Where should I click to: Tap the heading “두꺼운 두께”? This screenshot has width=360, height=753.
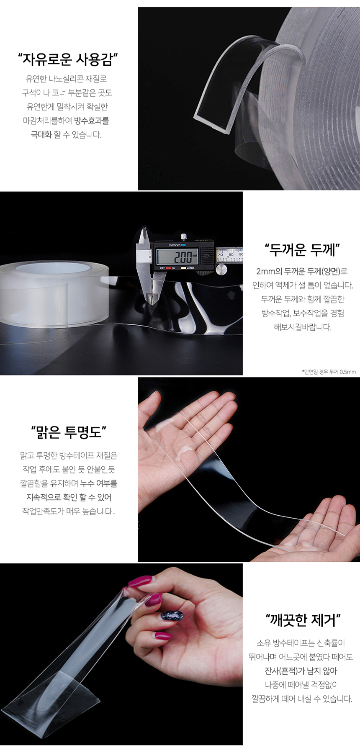(x=302, y=250)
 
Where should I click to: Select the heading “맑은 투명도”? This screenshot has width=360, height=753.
(x=69, y=432)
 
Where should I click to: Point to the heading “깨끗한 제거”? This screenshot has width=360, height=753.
(x=303, y=620)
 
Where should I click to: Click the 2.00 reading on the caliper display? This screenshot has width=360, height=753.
(x=183, y=257)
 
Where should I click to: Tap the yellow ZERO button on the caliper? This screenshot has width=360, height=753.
(x=183, y=268)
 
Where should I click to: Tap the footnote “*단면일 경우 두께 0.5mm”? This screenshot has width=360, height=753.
(x=329, y=372)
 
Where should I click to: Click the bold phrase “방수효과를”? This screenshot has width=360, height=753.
(x=92, y=121)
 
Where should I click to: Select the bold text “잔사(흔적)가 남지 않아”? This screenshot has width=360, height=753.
(x=301, y=671)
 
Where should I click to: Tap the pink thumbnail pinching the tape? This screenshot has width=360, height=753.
(x=139, y=581)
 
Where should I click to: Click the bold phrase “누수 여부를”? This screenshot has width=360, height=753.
(x=99, y=483)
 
